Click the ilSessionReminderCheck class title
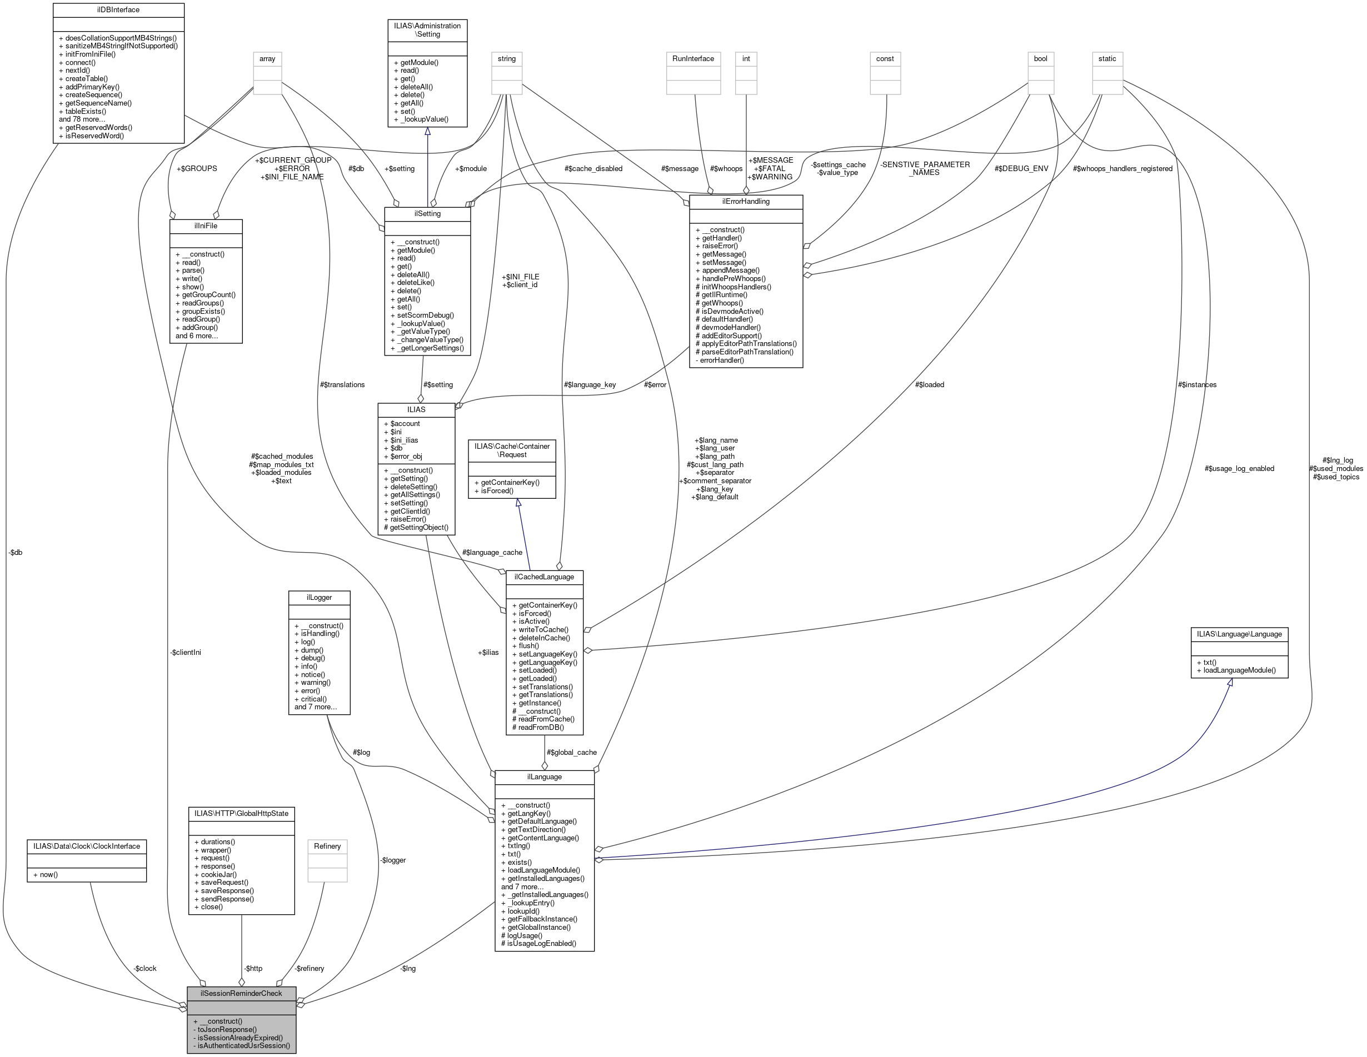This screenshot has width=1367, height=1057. pos(241,993)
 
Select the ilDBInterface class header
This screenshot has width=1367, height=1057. pos(118,10)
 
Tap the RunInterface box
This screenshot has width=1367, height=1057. pos(693,59)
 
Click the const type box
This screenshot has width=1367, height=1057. pos(885,59)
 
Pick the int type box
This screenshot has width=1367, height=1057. pos(746,59)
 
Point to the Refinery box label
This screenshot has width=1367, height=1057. pos(327,846)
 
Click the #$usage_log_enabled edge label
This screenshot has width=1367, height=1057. pos(1239,468)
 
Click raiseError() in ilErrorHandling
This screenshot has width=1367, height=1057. pos(720,246)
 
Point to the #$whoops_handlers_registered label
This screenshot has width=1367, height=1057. pos(1122,169)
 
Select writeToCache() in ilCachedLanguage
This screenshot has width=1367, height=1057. pos(543,629)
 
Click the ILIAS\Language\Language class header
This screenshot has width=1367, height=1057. pos(1239,634)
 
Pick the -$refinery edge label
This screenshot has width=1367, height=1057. pos(310,968)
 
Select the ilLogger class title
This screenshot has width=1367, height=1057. pos(318,598)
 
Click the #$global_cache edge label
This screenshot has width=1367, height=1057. pos(571,752)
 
